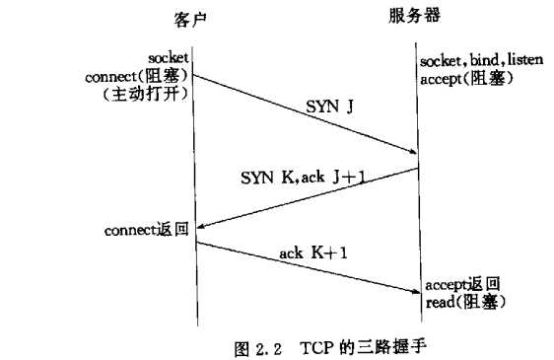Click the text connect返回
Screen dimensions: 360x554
click(147, 231)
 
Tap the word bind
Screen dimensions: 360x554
click(476, 62)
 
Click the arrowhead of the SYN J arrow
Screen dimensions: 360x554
click(414, 152)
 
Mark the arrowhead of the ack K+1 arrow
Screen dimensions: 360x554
click(414, 289)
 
